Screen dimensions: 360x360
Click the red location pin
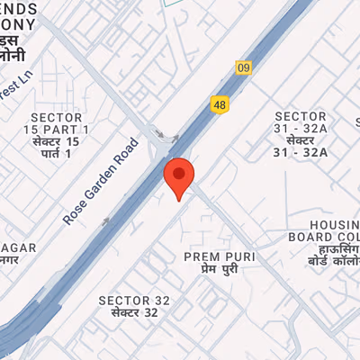click(x=179, y=177)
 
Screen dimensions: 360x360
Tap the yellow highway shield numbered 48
click(x=220, y=105)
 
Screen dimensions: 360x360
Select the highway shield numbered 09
click(x=243, y=67)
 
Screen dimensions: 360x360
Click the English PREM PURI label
click(x=219, y=256)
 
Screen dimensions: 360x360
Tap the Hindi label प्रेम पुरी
click(x=219, y=269)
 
